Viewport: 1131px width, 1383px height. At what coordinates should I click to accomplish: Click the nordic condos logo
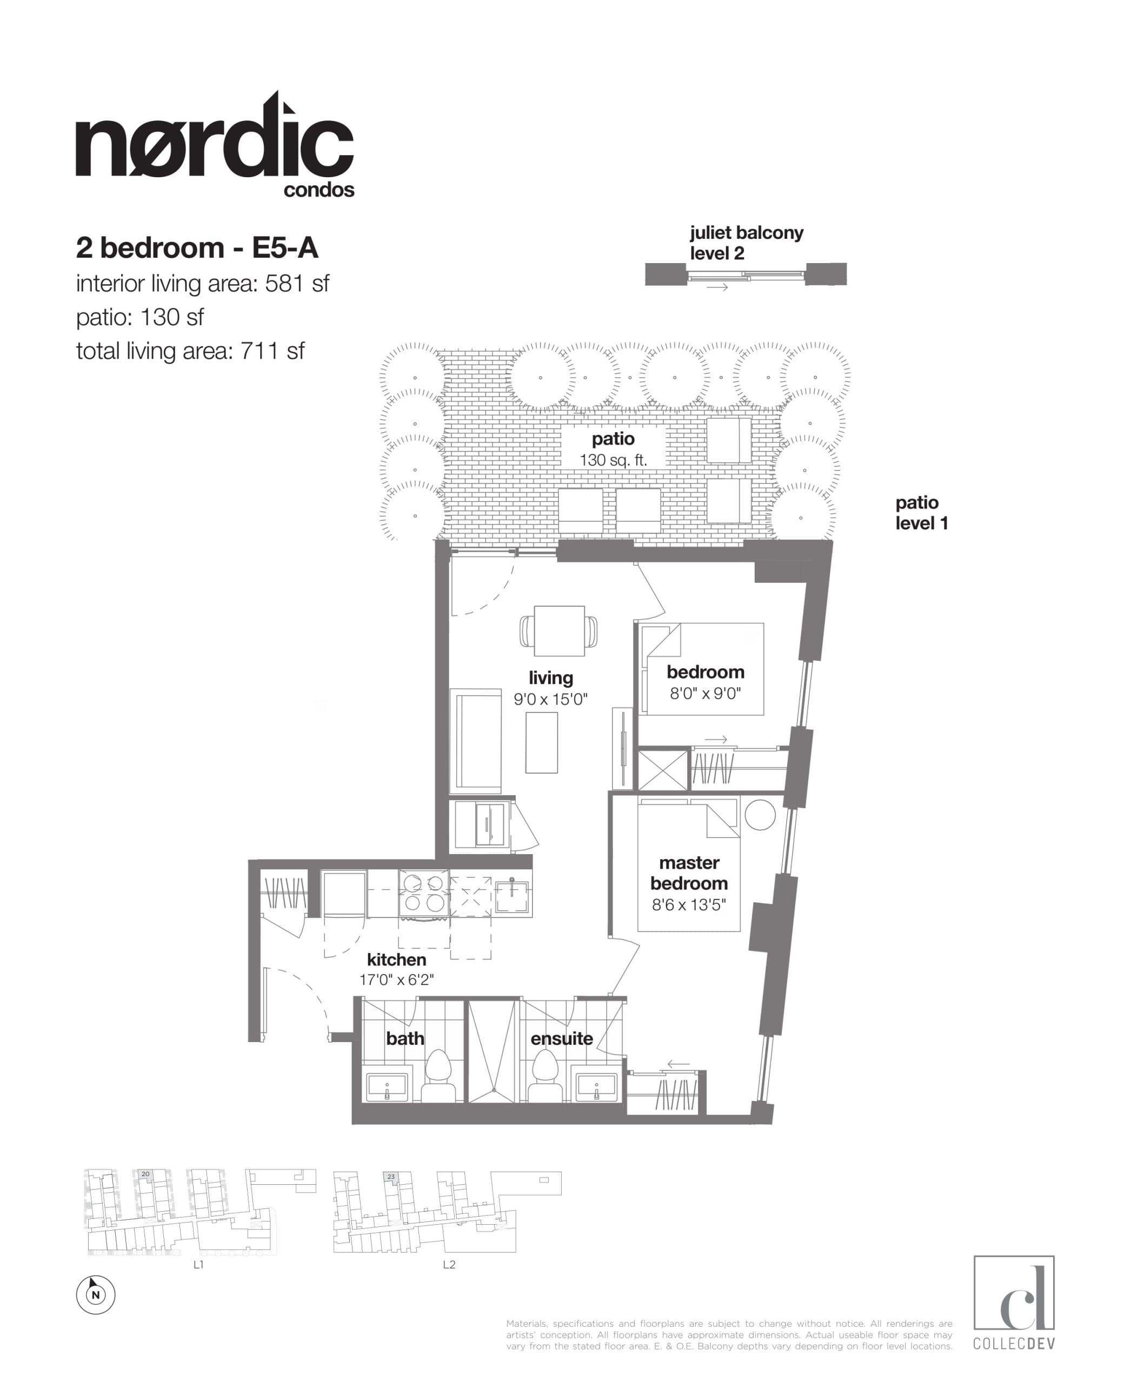215,146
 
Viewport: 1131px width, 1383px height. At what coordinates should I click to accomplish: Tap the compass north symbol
96,1294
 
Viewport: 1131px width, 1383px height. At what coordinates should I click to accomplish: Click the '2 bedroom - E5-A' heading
197,248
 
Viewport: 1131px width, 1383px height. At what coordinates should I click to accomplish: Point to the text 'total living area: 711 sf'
190,352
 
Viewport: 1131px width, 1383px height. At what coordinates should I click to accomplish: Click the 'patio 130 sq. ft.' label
613,448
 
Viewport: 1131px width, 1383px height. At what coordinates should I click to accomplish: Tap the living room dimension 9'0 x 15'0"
550,699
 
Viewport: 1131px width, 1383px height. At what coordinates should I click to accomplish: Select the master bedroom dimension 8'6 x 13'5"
689,904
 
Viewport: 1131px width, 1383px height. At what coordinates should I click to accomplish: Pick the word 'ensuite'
562,1038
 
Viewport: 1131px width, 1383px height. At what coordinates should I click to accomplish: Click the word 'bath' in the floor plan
404,1038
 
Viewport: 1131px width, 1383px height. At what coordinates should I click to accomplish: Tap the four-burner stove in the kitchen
423,894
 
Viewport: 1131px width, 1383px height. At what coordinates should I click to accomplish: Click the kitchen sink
513,897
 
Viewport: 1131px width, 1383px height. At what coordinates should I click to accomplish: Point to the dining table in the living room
559,630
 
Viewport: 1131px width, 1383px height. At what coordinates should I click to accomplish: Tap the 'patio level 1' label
921,513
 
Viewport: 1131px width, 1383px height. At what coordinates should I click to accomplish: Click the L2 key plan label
449,1265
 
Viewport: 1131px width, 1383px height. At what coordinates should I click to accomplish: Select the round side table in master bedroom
760,814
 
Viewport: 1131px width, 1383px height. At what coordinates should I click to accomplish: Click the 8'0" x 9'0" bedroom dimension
706,694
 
